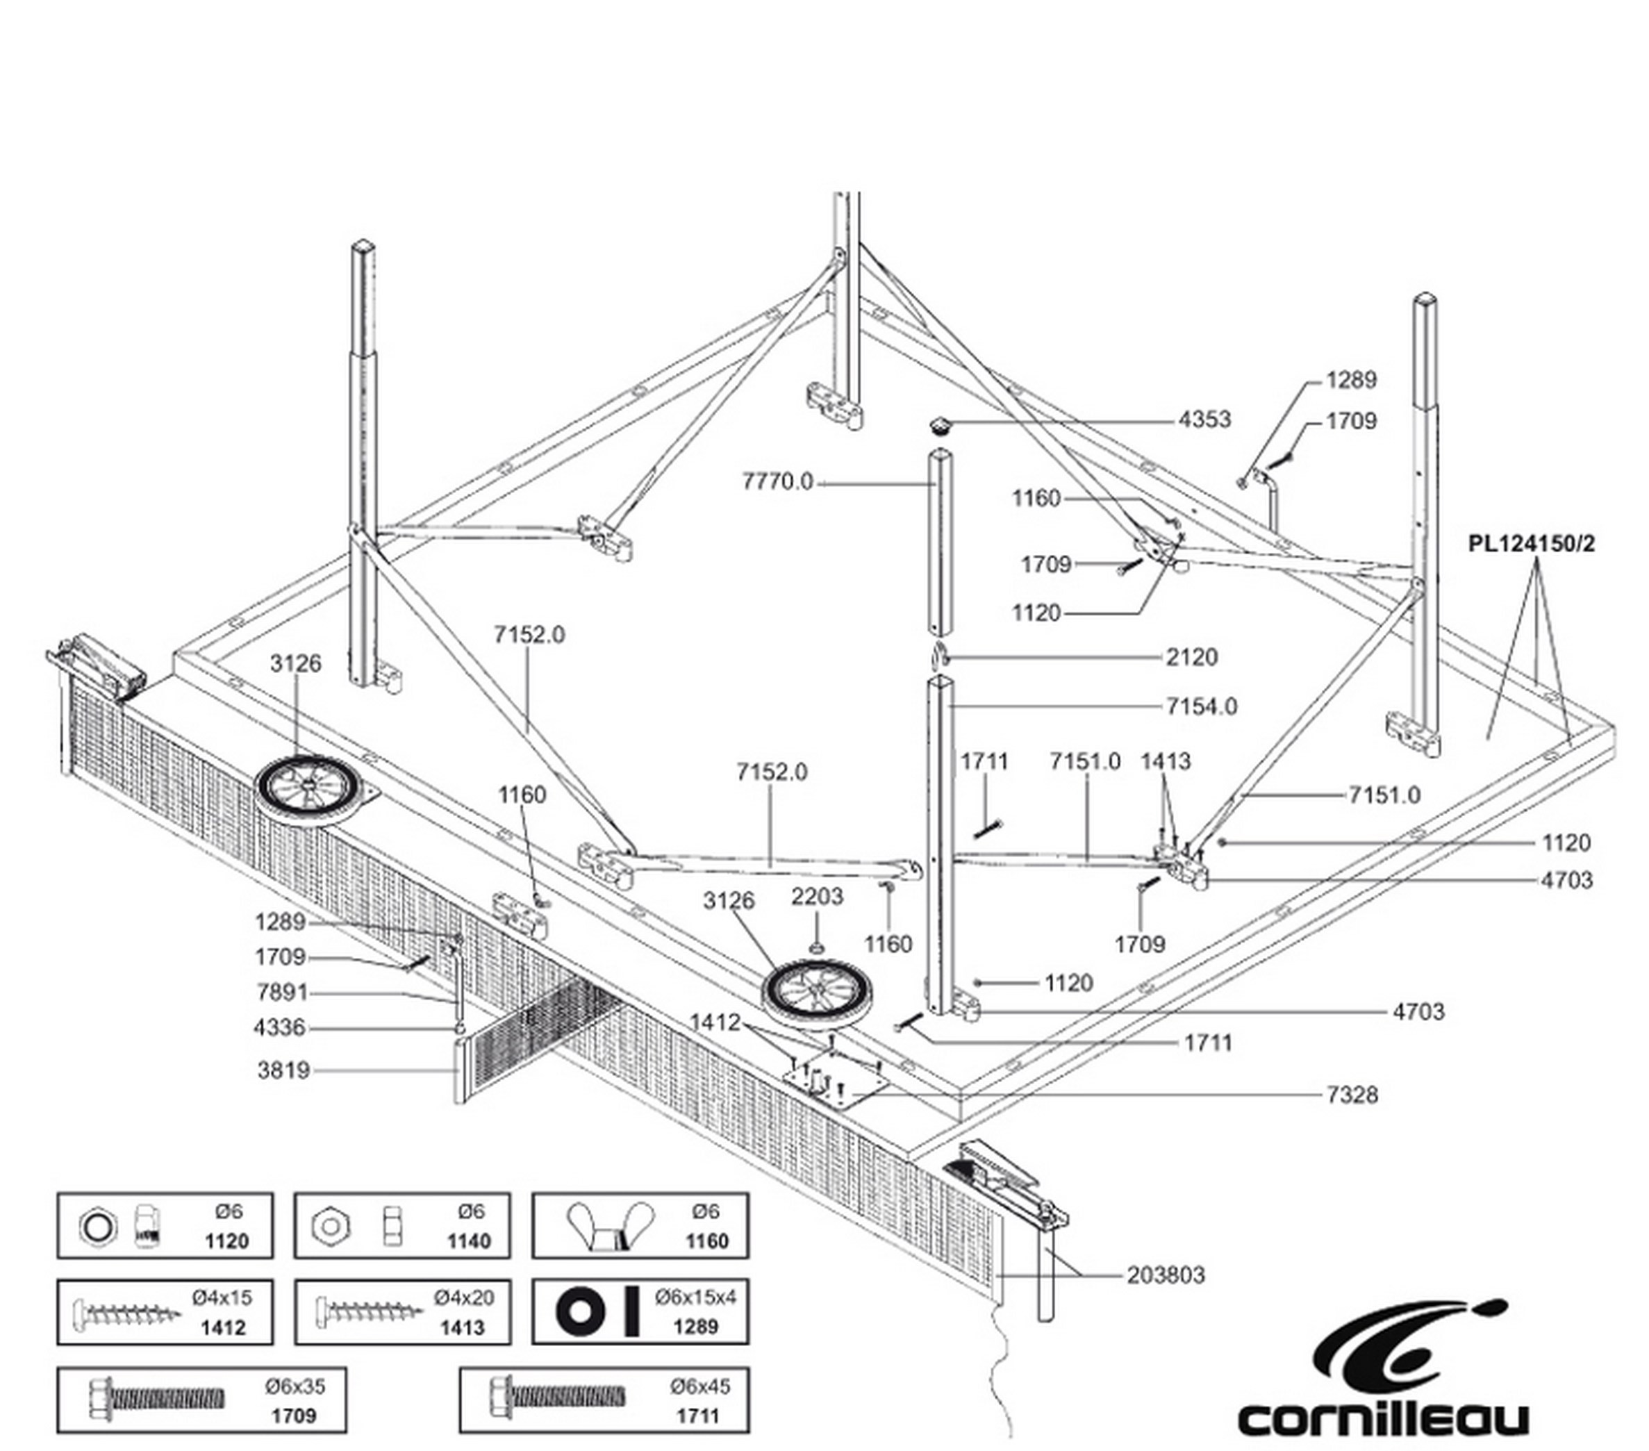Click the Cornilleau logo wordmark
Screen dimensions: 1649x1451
tap(1383, 1416)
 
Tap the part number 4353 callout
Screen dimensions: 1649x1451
tap(1204, 420)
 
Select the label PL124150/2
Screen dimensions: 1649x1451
tap(1531, 544)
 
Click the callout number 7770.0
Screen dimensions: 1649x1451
tap(778, 481)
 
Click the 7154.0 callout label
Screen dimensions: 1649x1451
tap(1201, 706)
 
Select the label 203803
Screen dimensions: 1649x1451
tap(1166, 1275)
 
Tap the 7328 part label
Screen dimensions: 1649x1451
tap(1353, 1095)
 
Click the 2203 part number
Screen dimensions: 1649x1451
tap(818, 896)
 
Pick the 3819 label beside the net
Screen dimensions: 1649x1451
tap(284, 1070)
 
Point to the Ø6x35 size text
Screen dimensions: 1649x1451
tap(295, 1386)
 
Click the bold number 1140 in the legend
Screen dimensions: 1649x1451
tap(469, 1241)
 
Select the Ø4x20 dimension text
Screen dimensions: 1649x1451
tap(464, 1297)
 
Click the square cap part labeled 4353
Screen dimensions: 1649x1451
tap(938, 424)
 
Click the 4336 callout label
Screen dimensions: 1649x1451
tap(280, 1027)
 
